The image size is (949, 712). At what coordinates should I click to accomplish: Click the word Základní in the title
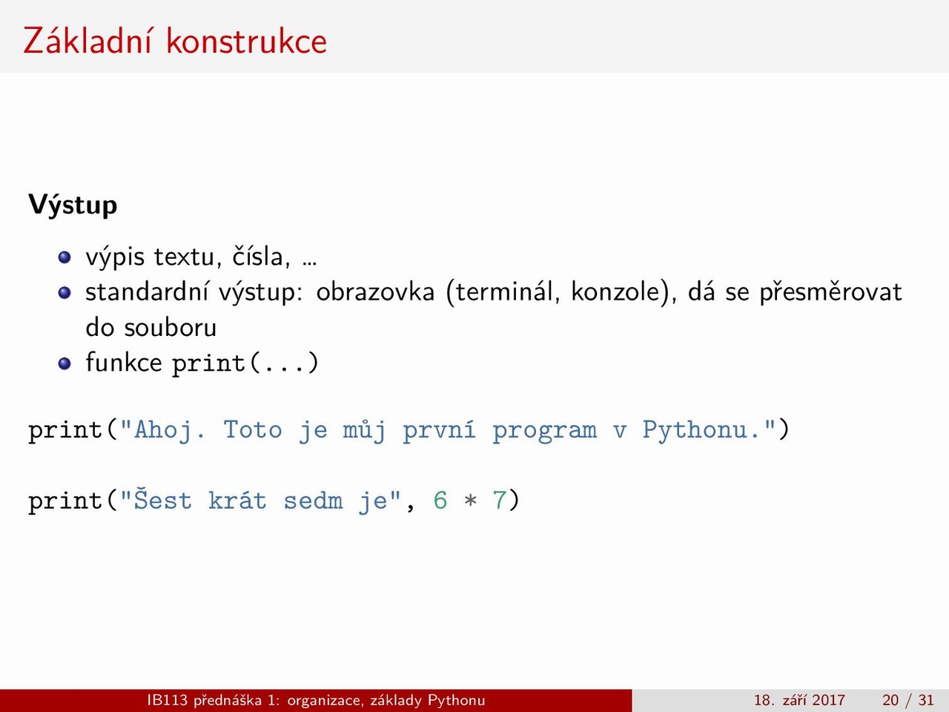tap(87, 40)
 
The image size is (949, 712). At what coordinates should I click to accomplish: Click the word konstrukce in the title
tap(246, 41)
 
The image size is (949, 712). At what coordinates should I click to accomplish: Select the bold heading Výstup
tap(73, 205)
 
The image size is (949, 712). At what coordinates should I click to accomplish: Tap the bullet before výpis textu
tap(65, 257)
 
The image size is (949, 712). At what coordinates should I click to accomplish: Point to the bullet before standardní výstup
tap(65, 293)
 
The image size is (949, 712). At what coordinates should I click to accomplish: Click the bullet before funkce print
tap(65, 363)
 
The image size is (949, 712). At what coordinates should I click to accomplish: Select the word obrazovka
tap(375, 291)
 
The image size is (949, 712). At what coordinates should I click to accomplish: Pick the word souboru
tap(171, 328)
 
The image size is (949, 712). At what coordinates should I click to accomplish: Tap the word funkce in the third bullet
tap(124, 362)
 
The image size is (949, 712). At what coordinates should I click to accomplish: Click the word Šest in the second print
tap(162, 499)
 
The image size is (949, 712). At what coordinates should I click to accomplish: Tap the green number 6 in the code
tap(440, 501)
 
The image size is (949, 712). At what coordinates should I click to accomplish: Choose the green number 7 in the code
tap(500, 501)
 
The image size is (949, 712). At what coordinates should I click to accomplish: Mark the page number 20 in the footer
tap(890, 700)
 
